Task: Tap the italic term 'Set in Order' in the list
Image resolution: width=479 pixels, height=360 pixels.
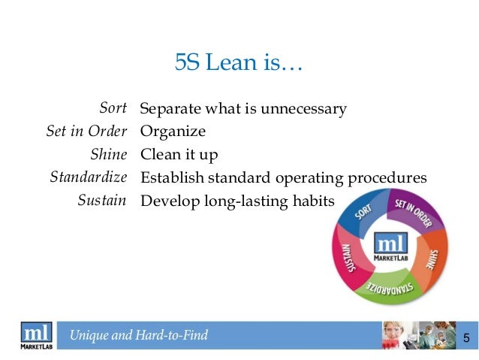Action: point(86,132)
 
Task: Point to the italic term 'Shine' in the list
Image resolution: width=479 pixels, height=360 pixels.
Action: point(108,155)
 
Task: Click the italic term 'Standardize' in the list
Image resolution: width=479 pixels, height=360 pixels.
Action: point(88,178)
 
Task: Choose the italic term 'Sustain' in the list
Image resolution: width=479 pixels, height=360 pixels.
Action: point(101,201)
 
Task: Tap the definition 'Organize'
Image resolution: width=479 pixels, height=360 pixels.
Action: point(173,132)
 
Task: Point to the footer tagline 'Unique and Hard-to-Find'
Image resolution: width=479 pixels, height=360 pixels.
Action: point(139,336)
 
